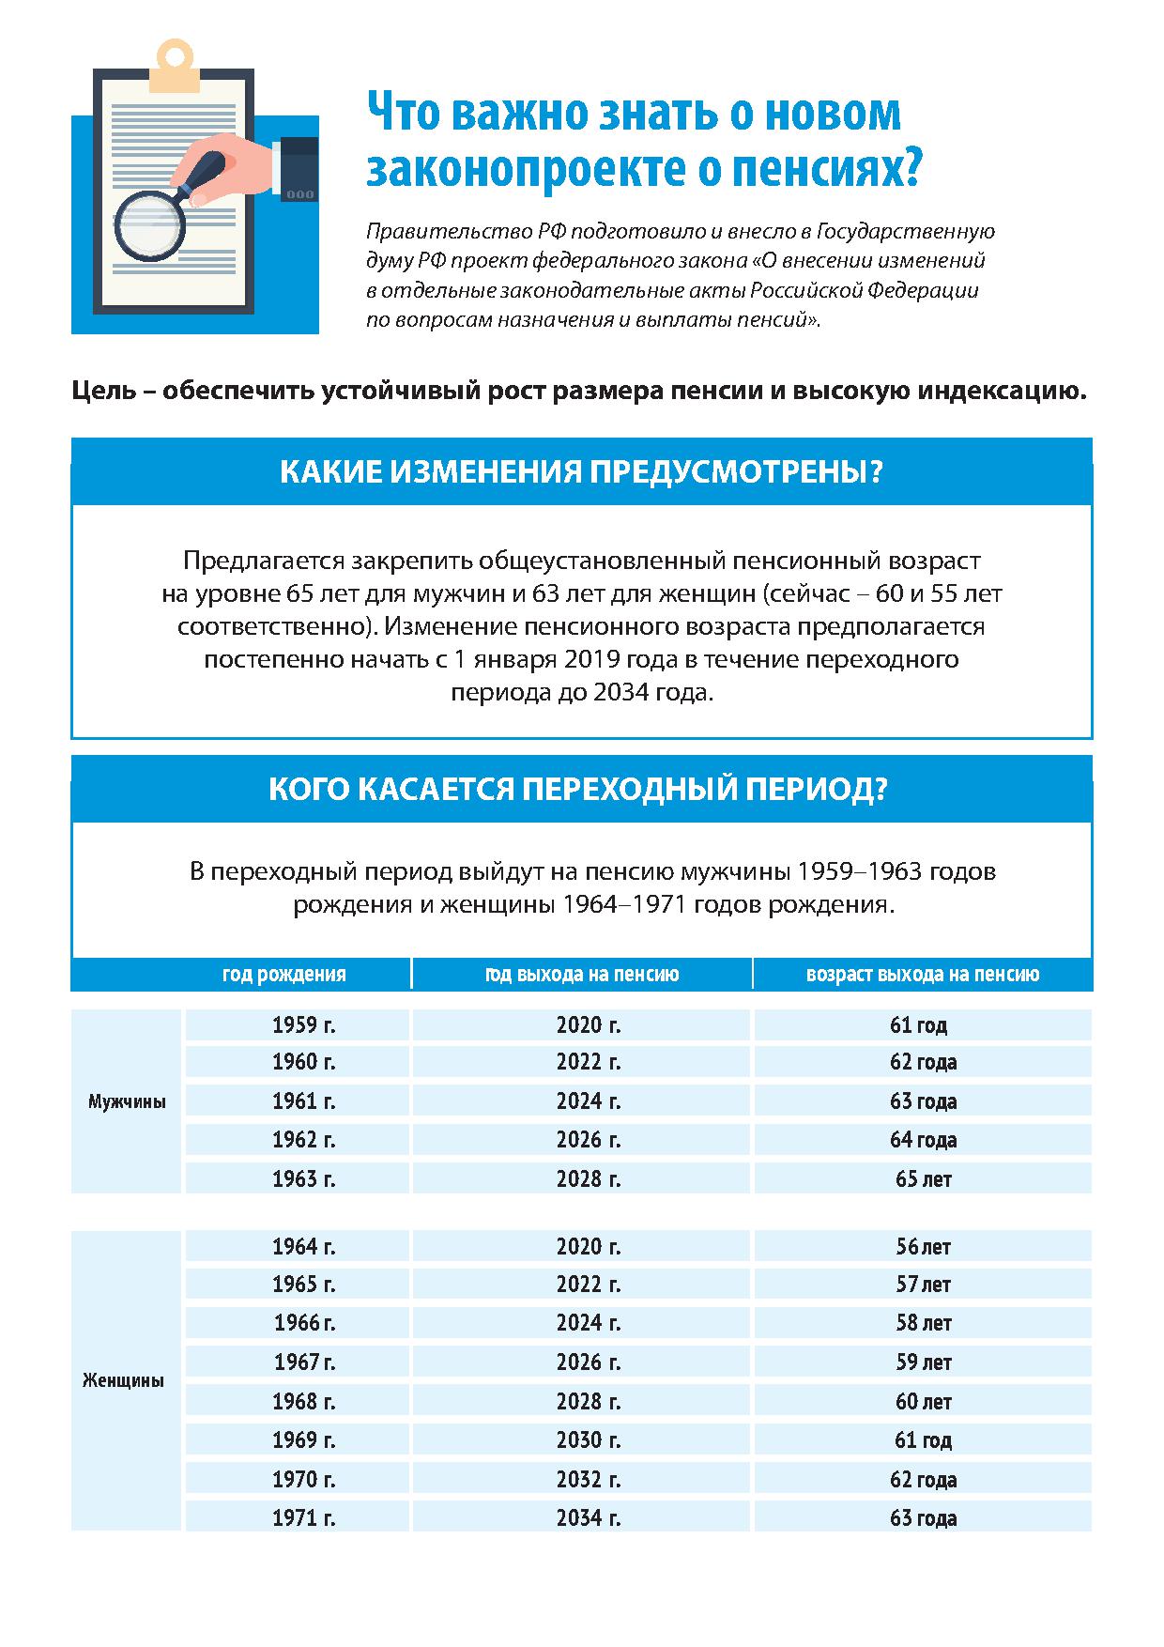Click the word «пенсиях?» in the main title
tap(821, 168)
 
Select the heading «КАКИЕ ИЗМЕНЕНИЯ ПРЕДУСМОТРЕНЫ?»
tap(581, 471)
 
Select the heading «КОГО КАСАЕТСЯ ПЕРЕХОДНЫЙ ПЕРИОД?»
tap(577, 789)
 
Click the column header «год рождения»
tap(283, 975)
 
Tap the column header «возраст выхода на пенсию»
tap(922, 975)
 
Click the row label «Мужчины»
tap(127, 1101)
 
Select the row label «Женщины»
tap(124, 1380)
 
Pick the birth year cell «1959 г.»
tap(303, 1024)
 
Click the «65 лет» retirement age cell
tap(923, 1178)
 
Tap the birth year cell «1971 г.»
tap(303, 1517)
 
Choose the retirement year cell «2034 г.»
tap(588, 1517)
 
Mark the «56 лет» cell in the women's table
tap(923, 1247)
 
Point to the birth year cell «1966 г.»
tap(303, 1323)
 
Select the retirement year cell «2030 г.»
tap(588, 1439)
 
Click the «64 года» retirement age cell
tap(923, 1140)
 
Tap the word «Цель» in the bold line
tap(103, 391)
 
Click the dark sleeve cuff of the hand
tap(299, 169)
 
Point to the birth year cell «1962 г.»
tap(303, 1140)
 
